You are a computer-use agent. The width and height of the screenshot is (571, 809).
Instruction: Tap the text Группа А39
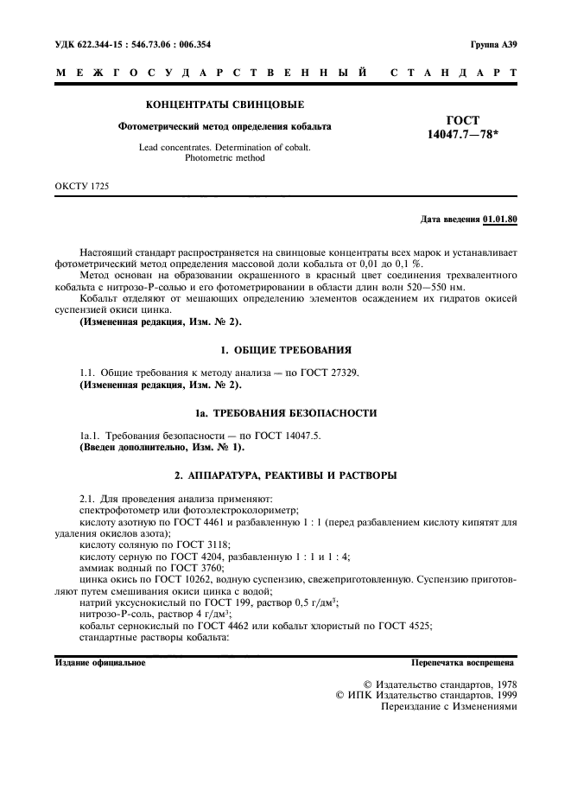[x=493, y=42]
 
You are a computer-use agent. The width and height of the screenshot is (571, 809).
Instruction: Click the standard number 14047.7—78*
[x=465, y=135]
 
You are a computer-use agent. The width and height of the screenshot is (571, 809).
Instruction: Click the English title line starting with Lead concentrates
[x=225, y=147]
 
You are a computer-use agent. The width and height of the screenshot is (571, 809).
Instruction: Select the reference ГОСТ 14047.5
[x=290, y=436]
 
